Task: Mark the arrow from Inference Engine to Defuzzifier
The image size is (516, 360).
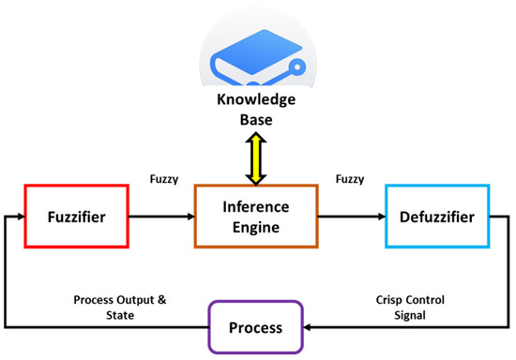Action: (x=349, y=217)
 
